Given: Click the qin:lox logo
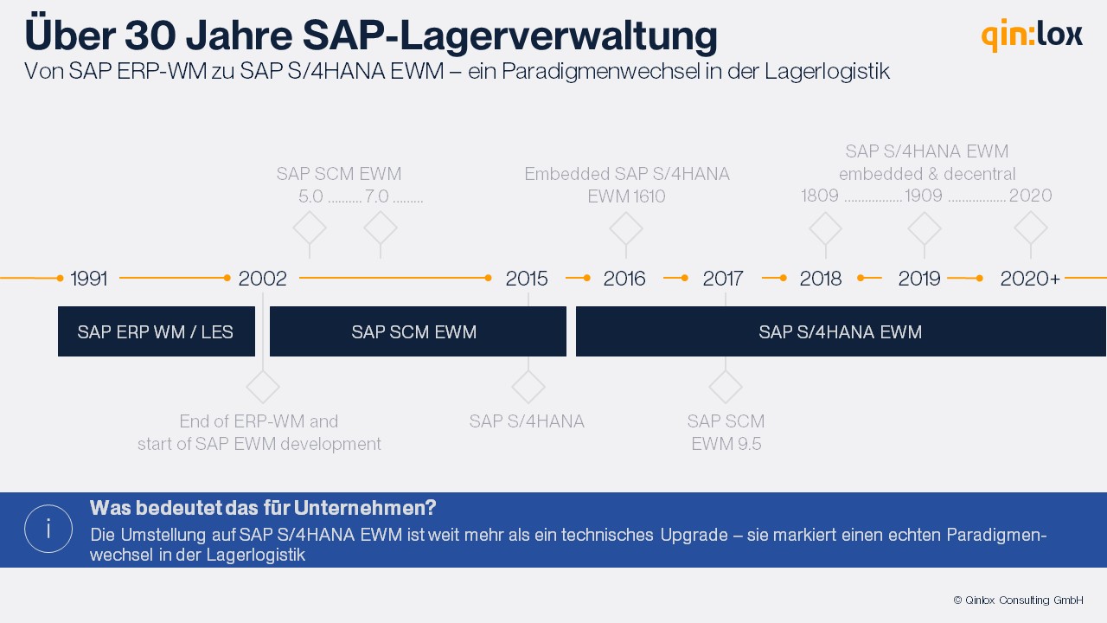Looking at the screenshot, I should click(x=1031, y=35).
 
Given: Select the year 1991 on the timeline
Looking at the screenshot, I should click(x=89, y=279).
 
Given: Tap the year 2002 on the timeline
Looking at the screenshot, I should click(x=263, y=279).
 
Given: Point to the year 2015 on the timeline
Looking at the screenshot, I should click(x=527, y=279).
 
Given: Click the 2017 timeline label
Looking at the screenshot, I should click(x=723, y=279).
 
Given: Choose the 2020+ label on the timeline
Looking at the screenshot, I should click(x=1030, y=279).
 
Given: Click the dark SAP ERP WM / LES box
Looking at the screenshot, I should click(x=156, y=331).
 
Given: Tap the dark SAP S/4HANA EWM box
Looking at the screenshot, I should click(x=841, y=331).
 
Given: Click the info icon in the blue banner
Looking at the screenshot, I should click(x=48, y=529).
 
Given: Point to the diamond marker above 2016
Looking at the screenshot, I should click(x=626, y=229).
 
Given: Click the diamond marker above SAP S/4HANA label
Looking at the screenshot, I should click(x=528, y=387).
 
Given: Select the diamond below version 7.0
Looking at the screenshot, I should click(x=381, y=228).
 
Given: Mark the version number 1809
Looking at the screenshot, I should click(x=820, y=196).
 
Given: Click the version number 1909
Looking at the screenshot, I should click(x=924, y=196).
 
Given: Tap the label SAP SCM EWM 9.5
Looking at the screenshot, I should click(x=726, y=433).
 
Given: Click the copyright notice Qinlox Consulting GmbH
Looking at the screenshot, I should click(x=1018, y=600).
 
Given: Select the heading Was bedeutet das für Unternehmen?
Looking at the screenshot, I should click(x=263, y=507).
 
